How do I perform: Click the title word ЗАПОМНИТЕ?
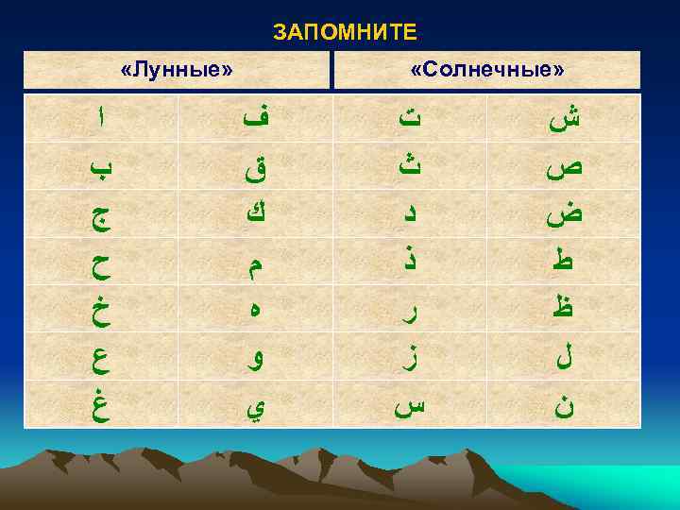point(345,33)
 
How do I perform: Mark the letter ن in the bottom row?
point(565,406)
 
